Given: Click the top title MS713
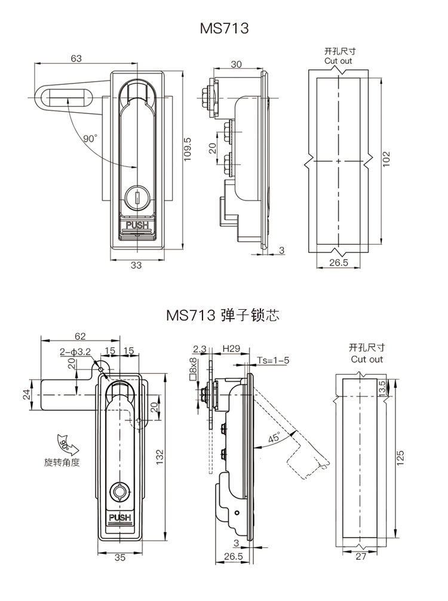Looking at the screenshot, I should pyautogui.click(x=224, y=28).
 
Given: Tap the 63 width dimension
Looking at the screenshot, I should pyautogui.click(x=76, y=58).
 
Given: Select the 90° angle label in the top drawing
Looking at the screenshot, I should pyautogui.click(x=90, y=138).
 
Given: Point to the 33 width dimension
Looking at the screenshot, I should pyautogui.click(x=136, y=266).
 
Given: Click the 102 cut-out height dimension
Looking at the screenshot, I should pyautogui.click(x=386, y=158).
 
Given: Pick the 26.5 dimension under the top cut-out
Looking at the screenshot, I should pyautogui.click(x=338, y=263).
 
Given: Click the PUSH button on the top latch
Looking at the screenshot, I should pyautogui.click(x=137, y=227).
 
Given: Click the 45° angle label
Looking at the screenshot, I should pyautogui.click(x=274, y=438).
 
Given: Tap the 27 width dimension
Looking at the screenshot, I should pyautogui.click(x=360, y=557).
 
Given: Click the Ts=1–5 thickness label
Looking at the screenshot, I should pyautogui.click(x=274, y=360).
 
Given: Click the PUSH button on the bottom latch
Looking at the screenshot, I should pyautogui.click(x=119, y=517).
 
